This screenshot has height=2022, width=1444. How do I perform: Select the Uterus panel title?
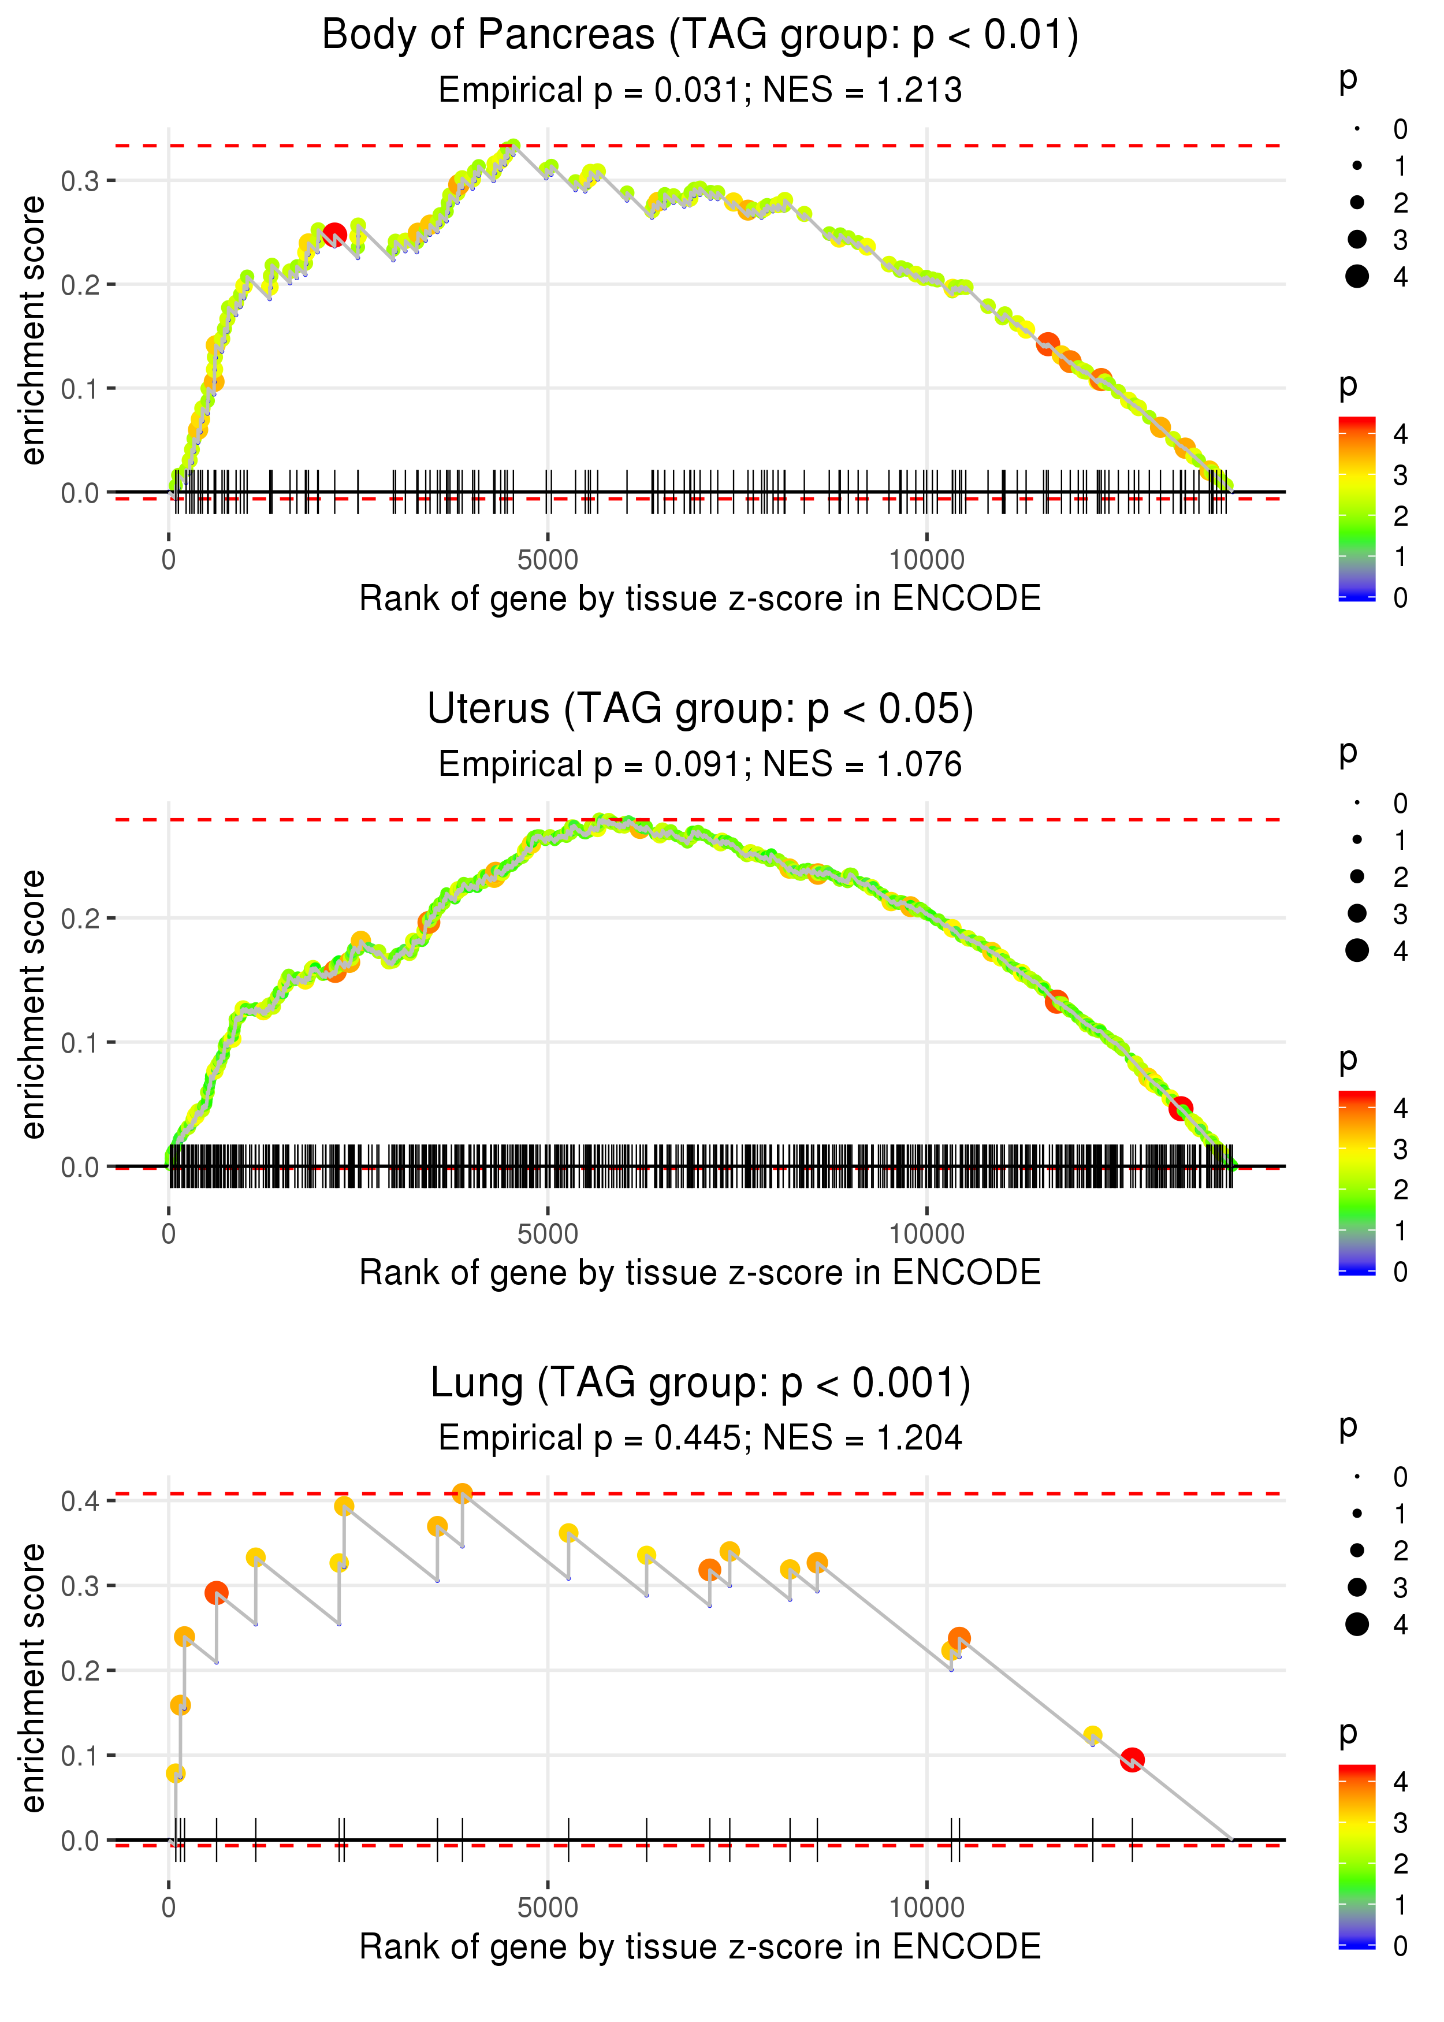coord(700,709)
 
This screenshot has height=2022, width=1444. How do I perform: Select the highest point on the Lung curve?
coord(462,1493)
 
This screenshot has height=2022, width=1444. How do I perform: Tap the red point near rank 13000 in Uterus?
coord(1180,1108)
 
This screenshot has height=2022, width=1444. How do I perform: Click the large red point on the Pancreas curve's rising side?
coord(334,235)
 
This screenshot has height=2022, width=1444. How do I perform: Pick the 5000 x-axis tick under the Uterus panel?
coord(548,1233)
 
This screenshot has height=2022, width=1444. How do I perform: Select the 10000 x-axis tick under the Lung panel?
coord(926,1907)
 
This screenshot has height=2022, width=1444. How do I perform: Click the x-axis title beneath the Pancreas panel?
coord(700,599)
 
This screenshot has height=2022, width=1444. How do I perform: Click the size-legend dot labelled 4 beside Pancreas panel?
coord(1357,277)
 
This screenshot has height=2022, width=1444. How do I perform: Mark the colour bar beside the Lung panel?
coord(1357,1856)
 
